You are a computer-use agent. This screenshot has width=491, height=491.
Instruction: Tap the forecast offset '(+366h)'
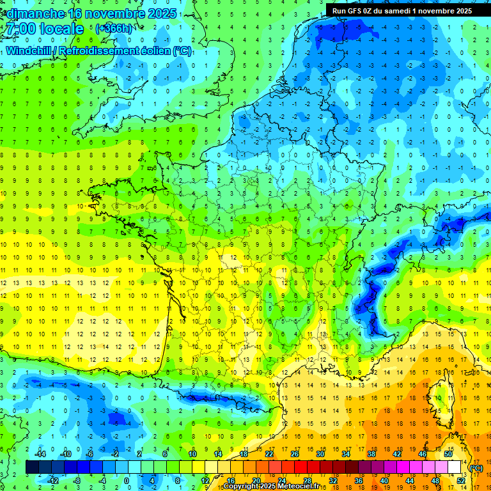click(x=114, y=28)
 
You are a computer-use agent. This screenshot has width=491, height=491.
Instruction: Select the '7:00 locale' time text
click(x=43, y=29)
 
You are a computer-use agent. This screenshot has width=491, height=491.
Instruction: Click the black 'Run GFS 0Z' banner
click(x=402, y=10)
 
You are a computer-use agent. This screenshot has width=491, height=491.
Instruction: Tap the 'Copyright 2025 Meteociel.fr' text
click(x=271, y=487)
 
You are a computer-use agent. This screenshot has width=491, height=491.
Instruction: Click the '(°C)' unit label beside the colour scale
click(x=476, y=468)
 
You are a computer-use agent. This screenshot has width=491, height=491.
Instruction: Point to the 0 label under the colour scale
click(x=127, y=480)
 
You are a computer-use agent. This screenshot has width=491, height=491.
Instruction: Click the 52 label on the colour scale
click(x=461, y=480)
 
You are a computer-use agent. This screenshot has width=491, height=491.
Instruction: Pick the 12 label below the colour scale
click(x=205, y=480)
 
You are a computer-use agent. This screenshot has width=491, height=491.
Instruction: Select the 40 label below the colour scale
click(x=384, y=480)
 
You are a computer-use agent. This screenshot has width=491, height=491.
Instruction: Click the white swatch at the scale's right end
click(x=455, y=467)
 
